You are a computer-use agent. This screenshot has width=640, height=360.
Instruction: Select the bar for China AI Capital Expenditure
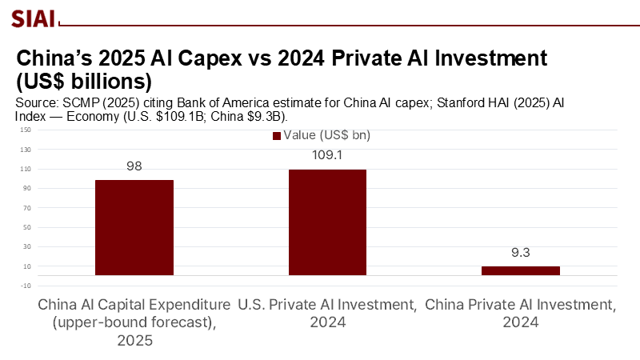coord(134,227)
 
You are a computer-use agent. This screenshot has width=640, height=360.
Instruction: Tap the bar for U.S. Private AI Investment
coord(327,222)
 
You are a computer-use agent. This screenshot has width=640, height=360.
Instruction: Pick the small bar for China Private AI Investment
coord(520,270)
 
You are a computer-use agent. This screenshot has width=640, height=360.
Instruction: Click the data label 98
coord(134,166)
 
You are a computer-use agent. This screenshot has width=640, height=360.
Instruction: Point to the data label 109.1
coord(327,154)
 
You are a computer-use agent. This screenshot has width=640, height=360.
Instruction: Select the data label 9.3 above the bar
coord(520,252)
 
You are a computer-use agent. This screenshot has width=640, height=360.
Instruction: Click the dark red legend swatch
coord(277,136)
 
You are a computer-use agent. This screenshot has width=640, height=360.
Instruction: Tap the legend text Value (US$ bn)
coord(326,136)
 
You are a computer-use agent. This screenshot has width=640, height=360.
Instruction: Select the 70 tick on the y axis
coord(26,208)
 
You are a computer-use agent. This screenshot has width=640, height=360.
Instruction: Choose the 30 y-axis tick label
coord(26,246)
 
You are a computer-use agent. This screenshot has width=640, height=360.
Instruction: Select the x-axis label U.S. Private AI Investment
coord(327,305)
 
